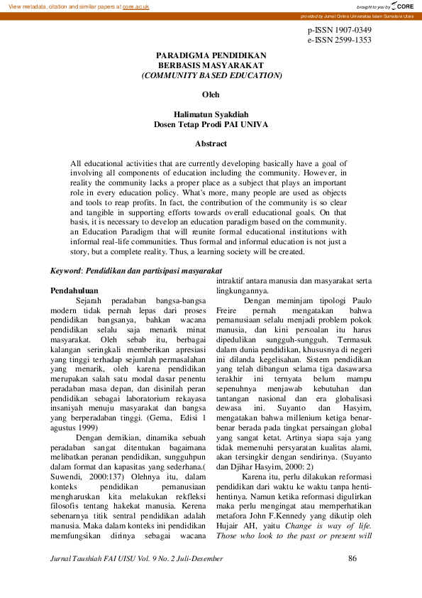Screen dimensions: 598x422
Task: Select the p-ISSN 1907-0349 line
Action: [339, 31]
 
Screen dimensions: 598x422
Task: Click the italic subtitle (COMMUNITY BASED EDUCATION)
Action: [211, 75]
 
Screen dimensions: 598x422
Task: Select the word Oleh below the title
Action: [211, 94]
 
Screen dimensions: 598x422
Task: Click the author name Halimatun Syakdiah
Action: [211, 114]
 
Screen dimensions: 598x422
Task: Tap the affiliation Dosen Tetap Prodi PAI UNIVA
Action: [211, 124]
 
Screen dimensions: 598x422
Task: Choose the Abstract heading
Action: [211, 143]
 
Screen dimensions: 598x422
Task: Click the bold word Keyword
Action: [65, 271]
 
